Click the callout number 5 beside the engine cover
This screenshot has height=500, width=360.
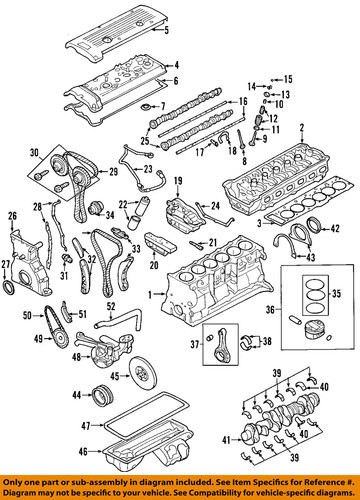point(167,30)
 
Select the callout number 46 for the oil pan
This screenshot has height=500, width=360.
point(83,452)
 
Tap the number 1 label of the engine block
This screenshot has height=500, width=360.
point(150,294)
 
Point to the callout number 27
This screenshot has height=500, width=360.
point(5,264)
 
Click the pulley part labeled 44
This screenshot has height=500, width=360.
point(103,395)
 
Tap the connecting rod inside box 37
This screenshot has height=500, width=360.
point(221,344)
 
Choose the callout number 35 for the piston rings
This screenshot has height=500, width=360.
point(336,294)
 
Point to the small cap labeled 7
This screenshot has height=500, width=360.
point(145,107)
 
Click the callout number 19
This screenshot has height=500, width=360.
point(178,181)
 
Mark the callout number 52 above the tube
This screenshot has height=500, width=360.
point(111,306)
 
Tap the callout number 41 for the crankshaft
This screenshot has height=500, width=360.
point(227,441)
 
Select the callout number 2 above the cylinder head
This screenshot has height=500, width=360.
point(301,128)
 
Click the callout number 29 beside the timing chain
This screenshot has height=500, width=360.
point(114,172)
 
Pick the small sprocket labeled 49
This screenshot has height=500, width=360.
point(61,339)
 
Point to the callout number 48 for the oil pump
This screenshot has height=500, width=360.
point(77,357)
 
